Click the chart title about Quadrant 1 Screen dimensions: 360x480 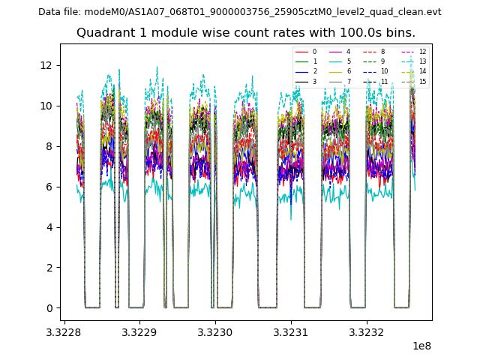(x=246, y=33)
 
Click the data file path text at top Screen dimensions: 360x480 (x=240, y=12)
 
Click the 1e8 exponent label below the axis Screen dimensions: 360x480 (x=421, y=346)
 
